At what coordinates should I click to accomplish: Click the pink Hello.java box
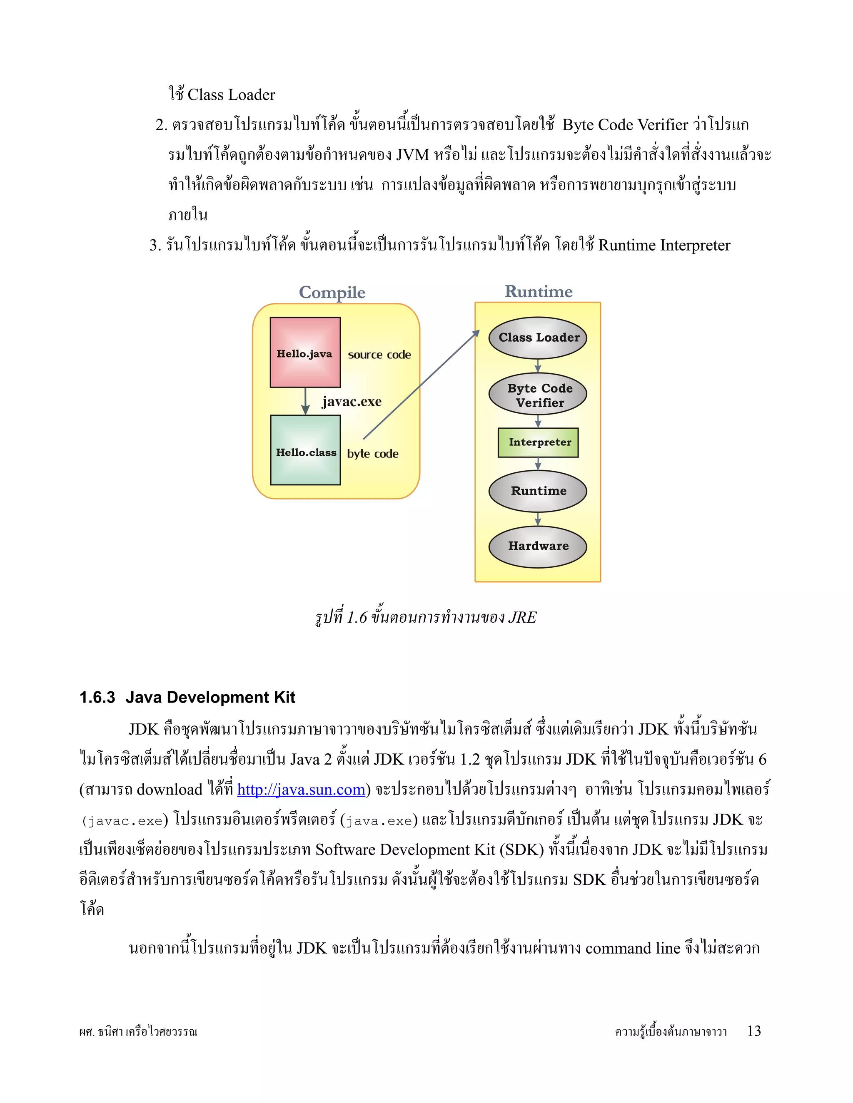[305, 352]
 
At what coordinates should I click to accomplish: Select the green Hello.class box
[305, 450]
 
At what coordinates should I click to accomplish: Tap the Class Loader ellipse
[538, 338]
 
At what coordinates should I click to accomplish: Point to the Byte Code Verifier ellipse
[538, 395]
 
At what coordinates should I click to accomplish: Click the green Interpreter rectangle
[538, 442]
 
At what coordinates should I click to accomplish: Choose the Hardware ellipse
[538, 547]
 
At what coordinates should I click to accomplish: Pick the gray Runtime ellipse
[538, 491]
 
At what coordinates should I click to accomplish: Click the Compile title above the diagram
[332, 293]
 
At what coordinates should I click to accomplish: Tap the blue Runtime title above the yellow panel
[538, 291]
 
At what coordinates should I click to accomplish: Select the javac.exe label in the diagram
[352, 402]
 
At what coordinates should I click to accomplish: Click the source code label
[379, 355]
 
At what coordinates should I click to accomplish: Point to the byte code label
[372, 454]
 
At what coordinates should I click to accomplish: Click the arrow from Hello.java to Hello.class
[305, 401]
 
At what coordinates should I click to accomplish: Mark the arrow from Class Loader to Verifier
[538, 365]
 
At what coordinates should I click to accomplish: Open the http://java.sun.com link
[301, 789]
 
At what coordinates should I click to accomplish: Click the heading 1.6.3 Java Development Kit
[187, 698]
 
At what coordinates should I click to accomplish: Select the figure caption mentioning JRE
[426, 617]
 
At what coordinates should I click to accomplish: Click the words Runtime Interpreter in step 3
[664, 246]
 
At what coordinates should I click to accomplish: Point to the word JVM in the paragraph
[412, 154]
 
